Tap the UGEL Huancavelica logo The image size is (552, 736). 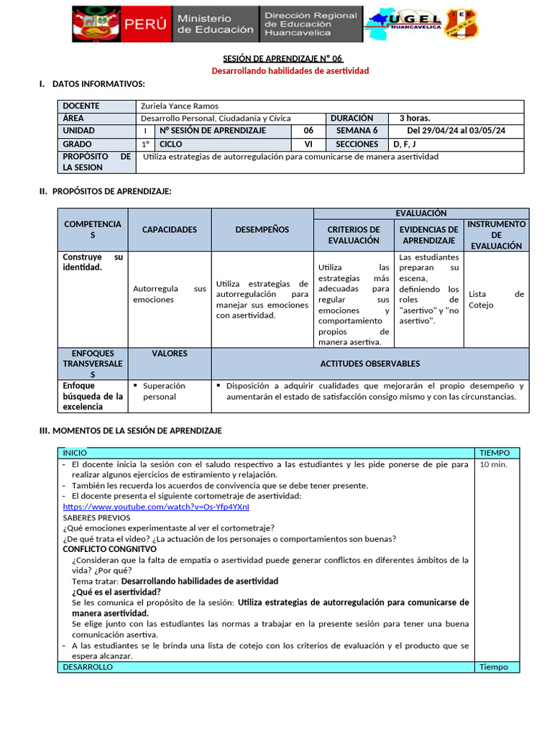402,24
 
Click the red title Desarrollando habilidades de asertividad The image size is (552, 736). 290,70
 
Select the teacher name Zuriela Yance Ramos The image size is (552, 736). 180,106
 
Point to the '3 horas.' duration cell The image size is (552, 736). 415,118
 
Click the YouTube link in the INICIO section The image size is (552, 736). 156,507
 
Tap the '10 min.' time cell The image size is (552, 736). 493,464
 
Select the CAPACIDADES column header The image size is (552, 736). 169,229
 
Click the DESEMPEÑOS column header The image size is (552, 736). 262,229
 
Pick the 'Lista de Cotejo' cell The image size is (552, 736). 496,299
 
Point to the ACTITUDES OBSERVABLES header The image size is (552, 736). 369,364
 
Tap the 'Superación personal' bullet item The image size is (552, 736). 164,391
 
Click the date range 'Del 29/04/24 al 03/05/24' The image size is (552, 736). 456,130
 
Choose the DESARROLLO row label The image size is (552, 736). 88,667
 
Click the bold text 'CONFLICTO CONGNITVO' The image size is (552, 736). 109,548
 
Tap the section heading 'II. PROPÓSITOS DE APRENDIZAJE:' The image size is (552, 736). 105,190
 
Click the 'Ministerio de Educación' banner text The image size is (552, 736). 215,24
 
